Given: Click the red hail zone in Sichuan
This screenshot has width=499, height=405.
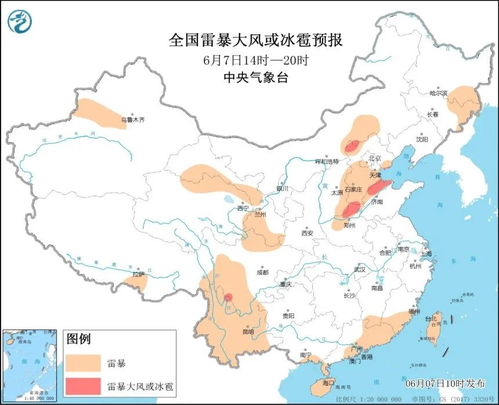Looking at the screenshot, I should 228,298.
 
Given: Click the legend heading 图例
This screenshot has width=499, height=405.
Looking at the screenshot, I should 79,339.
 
